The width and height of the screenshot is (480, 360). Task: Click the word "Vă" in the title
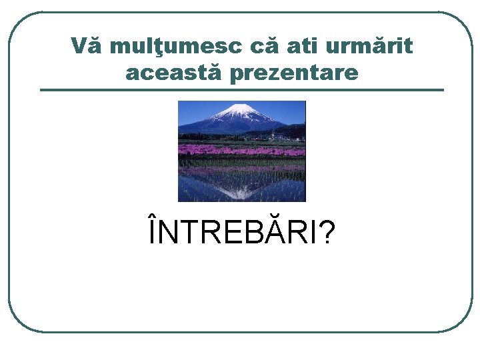coord(87,47)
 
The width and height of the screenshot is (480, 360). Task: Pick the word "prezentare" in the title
coord(293,73)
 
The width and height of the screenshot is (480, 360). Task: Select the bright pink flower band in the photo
coord(241,150)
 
